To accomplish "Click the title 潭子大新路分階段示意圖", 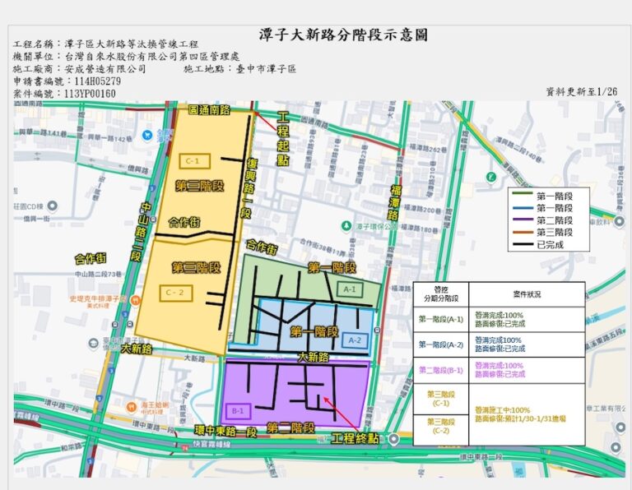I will (x=343, y=35).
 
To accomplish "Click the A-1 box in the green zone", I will (x=349, y=289).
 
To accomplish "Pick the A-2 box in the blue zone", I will (x=355, y=340).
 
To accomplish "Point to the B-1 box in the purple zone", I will (x=239, y=410).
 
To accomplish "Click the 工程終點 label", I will (x=355, y=439).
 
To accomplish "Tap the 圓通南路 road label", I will (x=209, y=109).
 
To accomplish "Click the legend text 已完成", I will (x=553, y=244).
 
